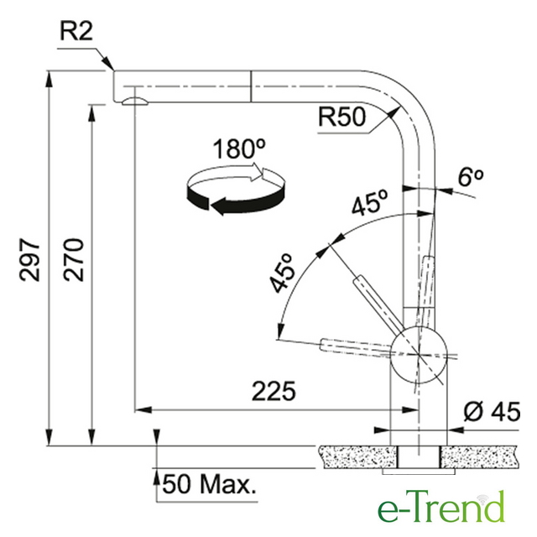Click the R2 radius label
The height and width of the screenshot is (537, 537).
point(76,32)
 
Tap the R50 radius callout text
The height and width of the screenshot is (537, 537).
point(341,117)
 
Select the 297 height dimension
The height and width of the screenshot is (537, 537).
point(29,259)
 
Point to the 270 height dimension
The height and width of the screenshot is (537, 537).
point(73,259)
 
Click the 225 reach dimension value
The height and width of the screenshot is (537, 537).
point(274,391)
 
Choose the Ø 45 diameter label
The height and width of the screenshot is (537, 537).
point(493,411)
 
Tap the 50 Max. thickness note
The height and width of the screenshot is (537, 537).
point(210,484)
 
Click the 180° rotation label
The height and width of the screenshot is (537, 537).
point(239,149)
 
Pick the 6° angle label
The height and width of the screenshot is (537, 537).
point(471,177)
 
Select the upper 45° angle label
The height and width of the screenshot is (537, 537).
point(370,202)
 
